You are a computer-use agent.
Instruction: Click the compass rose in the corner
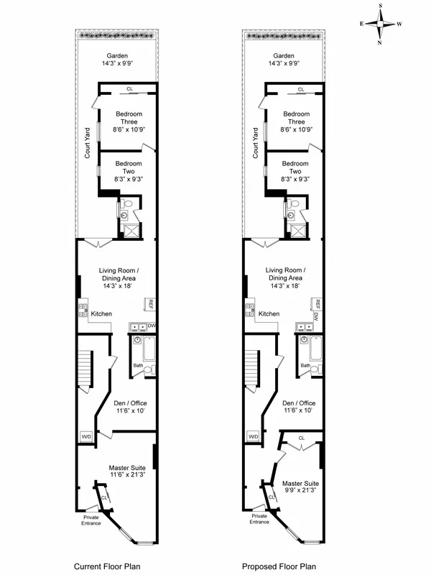click(x=379, y=23)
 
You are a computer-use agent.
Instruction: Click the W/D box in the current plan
click(x=85, y=436)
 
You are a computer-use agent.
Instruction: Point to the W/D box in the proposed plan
click(x=253, y=436)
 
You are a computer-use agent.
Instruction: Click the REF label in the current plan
click(x=150, y=303)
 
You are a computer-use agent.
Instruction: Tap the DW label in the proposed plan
click(x=316, y=316)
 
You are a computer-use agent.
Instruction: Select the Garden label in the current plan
click(x=117, y=55)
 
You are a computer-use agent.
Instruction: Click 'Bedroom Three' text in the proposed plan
click(x=296, y=118)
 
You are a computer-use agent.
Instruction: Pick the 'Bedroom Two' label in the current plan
click(x=129, y=167)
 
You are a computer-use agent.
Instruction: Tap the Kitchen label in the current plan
click(x=101, y=314)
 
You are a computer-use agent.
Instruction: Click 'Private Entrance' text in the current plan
click(x=91, y=520)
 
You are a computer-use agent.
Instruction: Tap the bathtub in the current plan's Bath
click(x=149, y=349)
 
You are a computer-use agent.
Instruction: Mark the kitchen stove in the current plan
click(x=83, y=310)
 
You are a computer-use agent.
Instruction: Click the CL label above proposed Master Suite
click(x=301, y=438)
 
